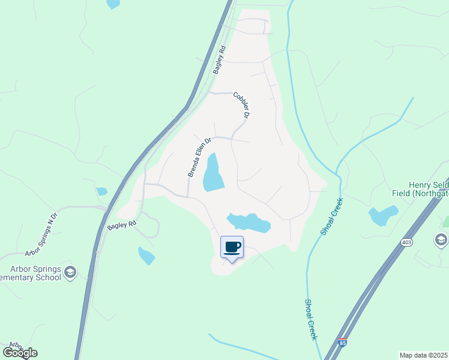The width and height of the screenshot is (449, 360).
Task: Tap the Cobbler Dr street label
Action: tap(241, 104)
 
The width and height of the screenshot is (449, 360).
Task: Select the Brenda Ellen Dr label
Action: tap(199, 157)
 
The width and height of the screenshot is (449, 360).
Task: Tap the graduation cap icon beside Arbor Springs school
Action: tap(70, 273)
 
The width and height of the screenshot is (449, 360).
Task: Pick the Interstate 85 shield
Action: tap(342, 343)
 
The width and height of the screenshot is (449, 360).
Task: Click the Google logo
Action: tap(20, 352)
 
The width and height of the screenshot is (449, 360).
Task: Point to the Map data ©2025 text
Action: tap(423, 355)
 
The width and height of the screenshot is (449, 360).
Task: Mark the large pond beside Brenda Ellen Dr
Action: tap(212, 173)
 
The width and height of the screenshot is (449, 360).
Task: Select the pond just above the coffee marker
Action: tap(249, 222)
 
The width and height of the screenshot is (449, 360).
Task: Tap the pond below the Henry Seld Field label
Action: tap(383, 215)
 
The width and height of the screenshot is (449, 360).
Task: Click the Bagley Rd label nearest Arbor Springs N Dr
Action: tap(119, 226)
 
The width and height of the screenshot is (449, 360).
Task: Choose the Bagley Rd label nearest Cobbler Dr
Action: tap(218, 60)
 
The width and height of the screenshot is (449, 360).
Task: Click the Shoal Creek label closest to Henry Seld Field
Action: tap(331, 216)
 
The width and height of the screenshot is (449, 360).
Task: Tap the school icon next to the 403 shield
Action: tap(441, 240)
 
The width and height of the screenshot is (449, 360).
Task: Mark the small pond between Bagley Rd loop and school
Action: tap(146, 256)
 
